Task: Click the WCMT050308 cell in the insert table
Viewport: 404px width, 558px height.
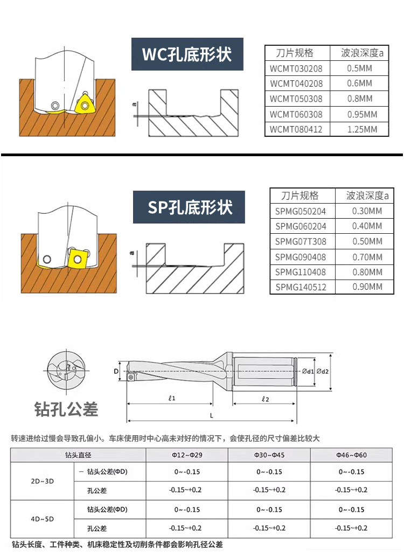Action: (x=296, y=99)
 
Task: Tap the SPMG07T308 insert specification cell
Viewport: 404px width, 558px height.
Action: (x=301, y=242)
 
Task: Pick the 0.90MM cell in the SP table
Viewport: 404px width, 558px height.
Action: (x=367, y=287)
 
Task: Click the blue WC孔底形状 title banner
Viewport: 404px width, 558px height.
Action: (x=187, y=54)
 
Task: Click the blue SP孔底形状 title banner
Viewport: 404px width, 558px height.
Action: (x=189, y=207)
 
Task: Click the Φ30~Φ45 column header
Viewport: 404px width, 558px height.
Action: (x=269, y=455)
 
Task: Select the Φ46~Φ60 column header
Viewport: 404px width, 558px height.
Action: (x=351, y=455)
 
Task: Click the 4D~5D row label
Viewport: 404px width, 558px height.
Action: (x=43, y=519)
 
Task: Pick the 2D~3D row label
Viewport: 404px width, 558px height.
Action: (x=43, y=481)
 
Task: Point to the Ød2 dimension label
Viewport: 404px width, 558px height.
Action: (x=323, y=371)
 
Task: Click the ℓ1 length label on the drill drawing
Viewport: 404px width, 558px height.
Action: (x=172, y=398)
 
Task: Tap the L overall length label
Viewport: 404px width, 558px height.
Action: (x=212, y=415)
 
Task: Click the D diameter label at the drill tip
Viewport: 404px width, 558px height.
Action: (x=116, y=371)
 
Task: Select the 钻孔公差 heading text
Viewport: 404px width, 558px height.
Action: (x=66, y=409)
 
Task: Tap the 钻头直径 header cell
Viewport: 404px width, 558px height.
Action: (x=78, y=455)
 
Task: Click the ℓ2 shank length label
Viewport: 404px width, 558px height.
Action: (x=265, y=399)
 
